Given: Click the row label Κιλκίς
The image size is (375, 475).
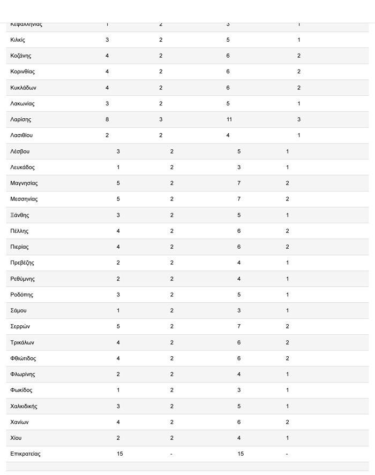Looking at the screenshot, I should point(18,40).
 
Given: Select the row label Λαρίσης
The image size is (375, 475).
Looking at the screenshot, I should point(21,119).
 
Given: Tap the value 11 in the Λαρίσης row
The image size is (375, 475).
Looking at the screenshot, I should point(229,119).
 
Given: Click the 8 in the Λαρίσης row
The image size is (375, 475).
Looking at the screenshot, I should point(107,119).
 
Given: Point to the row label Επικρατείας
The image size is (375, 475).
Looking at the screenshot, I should point(25,454).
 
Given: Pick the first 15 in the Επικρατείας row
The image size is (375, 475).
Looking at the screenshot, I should point(120,454).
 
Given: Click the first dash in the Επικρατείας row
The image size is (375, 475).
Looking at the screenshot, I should point(171,454).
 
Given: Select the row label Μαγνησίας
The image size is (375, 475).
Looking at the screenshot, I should point(24,183).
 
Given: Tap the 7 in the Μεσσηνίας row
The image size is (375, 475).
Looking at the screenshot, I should point(239,199).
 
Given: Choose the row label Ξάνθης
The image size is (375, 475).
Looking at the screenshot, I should point(20,215).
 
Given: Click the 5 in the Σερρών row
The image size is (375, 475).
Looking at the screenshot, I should point(118,327).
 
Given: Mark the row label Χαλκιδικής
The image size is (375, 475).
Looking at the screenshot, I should point(24,406).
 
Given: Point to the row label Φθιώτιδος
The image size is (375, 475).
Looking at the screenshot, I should point(24,358).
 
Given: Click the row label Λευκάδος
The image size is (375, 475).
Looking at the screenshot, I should point(22,167).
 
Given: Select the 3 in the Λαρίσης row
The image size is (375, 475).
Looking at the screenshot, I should point(161,119).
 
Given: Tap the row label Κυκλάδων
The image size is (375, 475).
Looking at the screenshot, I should point(24,88).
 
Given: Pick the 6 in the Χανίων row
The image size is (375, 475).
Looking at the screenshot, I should point(239,422).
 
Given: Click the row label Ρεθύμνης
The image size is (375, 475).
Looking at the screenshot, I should point(22,279).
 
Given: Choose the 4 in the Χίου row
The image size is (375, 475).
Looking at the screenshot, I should point(239,438).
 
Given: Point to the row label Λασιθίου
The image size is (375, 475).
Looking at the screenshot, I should point(21,135).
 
